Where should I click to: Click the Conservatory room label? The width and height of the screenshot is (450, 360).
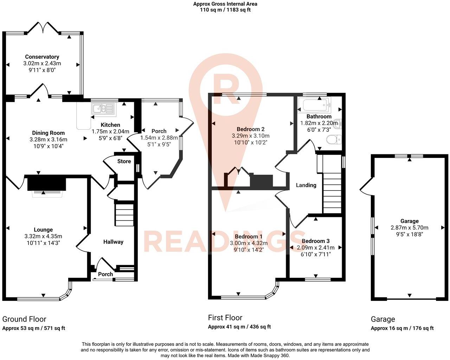click(42, 57)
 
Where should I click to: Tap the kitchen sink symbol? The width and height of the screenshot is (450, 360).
click(103, 108)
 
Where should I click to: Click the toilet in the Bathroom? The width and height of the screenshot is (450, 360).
click(334, 140)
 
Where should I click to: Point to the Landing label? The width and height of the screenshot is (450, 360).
click(306, 185)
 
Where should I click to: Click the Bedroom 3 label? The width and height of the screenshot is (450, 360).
click(315, 241)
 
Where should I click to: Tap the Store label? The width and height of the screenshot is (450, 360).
click(124, 161)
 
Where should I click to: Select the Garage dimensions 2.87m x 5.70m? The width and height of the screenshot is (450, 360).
click(409, 227)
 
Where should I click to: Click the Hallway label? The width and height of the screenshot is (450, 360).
click(113, 242)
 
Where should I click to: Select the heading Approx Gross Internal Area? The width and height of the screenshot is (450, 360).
click(225, 4)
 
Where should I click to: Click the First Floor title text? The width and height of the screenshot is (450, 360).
click(225, 317)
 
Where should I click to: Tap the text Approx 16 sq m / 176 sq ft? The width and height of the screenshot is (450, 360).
click(402, 328)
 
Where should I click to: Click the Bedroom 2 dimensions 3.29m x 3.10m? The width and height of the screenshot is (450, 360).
click(250, 136)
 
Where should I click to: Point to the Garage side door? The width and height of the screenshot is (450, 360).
click(366, 185)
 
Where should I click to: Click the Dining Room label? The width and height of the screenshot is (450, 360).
click(48, 133)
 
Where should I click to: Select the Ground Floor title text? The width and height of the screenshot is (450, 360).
click(24, 319)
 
